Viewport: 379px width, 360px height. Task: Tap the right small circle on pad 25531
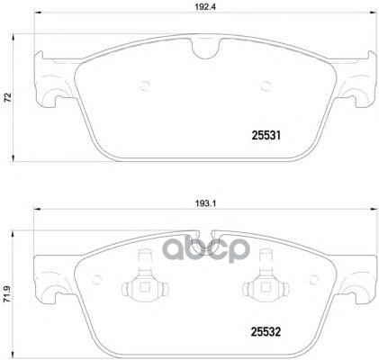click(x=266, y=87)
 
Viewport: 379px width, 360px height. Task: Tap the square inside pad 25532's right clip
click(x=267, y=288)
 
